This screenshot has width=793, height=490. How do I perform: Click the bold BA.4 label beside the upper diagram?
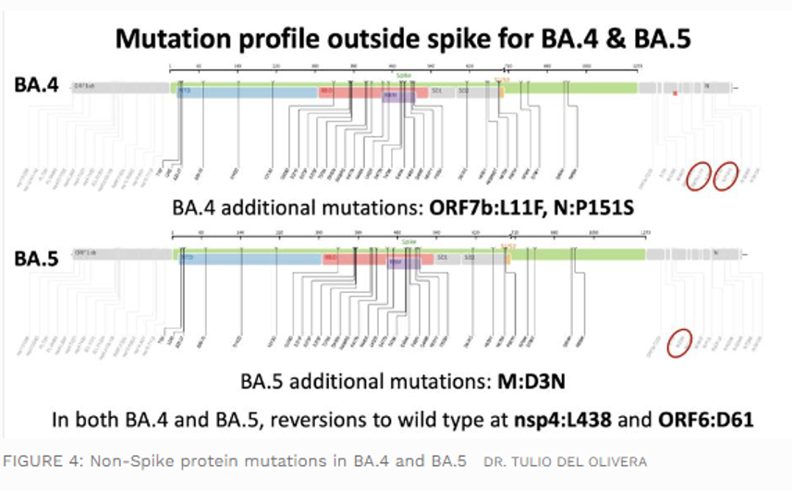pyautogui.click(x=37, y=85)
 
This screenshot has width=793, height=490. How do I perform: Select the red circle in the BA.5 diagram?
pyautogui.click(x=681, y=343)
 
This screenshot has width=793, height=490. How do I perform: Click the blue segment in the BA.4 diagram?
pyautogui.click(x=245, y=93)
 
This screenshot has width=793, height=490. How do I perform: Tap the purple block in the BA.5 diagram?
pyautogui.click(x=396, y=263)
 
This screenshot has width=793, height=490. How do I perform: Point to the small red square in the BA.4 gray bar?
pyautogui.click(x=676, y=92)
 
